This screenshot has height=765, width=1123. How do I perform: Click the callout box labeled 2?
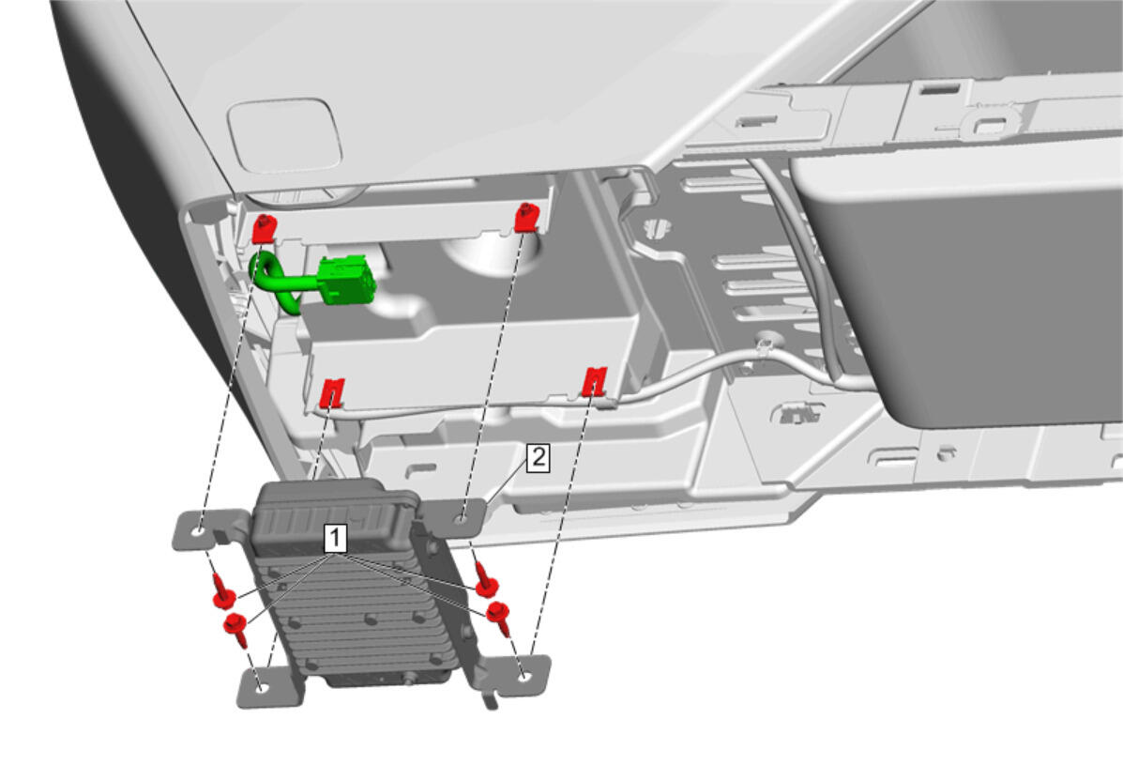(x=538, y=458)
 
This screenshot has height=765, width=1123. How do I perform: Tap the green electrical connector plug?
(x=346, y=281)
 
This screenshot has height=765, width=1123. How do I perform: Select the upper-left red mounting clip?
(x=264, y=228)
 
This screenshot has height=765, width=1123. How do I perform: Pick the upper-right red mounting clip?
(x=526, y=217)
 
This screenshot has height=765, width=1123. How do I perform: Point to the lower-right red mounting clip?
(x=595, y=381)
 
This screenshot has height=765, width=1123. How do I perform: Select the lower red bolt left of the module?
(x=236, y=625)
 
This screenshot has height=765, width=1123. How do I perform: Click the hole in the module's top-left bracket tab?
(x=199, y=531)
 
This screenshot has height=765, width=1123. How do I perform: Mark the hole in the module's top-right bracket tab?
(x=463, y=519)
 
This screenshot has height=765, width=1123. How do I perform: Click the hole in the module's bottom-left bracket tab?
(x=262, y=688)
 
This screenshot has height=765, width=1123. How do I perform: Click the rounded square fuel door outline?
(x=284, y=136)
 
